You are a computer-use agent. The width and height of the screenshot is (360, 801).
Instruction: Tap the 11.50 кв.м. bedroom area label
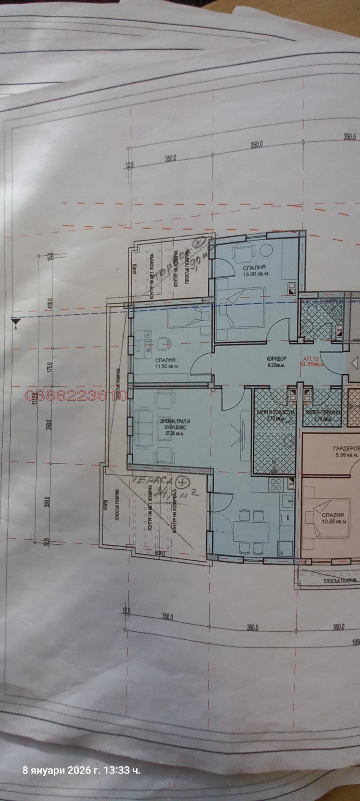point(165,366)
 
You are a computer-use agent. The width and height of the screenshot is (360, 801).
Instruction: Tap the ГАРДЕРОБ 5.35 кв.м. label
point(346,452)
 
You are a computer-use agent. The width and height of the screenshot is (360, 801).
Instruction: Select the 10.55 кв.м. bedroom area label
point(334,521)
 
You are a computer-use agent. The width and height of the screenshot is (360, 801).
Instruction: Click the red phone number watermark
point(76,395)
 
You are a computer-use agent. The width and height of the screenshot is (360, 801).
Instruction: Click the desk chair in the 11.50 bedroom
point(163,342)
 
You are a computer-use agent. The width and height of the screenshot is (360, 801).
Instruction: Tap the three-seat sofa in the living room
point(144,425)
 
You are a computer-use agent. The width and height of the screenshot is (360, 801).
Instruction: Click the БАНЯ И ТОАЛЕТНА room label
point(275,412)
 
